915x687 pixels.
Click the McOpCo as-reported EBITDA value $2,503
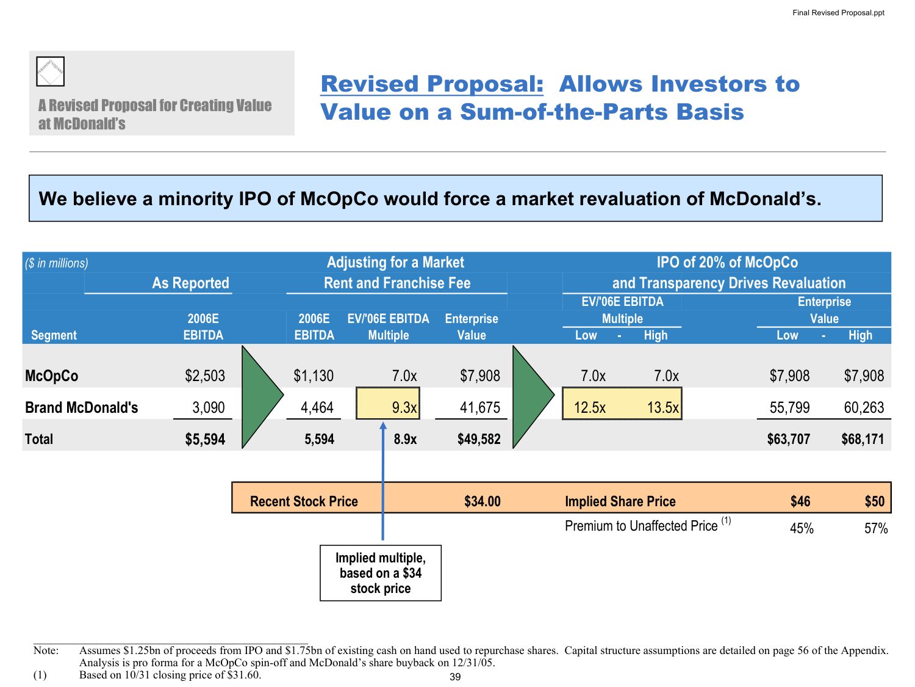click(x=205, y=376)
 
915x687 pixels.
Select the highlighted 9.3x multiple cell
click(x=388, y=407)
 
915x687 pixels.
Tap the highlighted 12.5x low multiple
click(x=590, y=407)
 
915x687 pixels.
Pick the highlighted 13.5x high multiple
click(x=663, y=407)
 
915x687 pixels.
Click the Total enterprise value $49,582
click(x=479, y=439)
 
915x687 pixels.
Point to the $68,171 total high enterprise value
click(x=863, y=439)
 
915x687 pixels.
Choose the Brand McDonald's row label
click(x=82, y=407)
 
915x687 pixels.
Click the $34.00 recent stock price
click(x=482, y=501)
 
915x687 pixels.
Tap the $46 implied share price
click(x=800, y=501)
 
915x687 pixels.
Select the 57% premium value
click(x=876, y=528)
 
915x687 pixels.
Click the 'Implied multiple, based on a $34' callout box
click(x=381, y=573)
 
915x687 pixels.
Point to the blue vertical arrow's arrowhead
click(x=383, y=426)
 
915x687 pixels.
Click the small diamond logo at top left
click(x=50, y=71)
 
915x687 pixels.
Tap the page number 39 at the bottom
click(x=455, y=677)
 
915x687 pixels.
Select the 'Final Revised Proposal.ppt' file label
click(x=838, y=13)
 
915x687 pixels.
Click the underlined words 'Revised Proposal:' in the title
click(x=432, y=84)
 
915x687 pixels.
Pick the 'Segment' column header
click(x=54, y=335)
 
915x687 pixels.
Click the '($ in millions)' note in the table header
click(x=57, y=263)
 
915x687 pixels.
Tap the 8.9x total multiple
click(x=405, y=439)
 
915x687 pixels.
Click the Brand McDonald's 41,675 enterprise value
click(x=479, y=407)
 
